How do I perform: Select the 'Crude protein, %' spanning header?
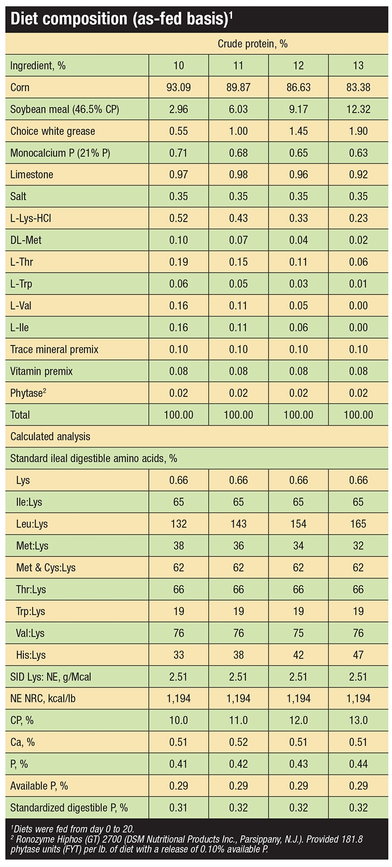click(253, 44)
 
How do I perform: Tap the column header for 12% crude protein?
click(298, 66)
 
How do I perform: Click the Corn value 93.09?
click(179, 88)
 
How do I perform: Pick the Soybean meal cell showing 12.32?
click(358, 110)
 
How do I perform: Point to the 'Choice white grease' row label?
click(52, 131)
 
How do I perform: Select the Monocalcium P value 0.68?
click(238, 153)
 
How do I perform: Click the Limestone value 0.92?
click(358, 175)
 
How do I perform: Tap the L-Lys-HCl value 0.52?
click(179, 219)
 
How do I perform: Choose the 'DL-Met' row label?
click(26, 240)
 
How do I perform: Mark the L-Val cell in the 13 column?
click(358, 306)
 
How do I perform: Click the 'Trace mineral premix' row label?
click(54, 349)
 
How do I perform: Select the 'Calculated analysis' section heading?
click(50, 437)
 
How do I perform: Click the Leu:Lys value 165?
click(358, 524)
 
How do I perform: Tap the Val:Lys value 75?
click(298, 633)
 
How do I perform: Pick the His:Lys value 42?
click(298, 655)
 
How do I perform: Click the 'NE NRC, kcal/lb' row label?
click(43, 699)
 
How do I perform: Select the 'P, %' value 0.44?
click(358, 764)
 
